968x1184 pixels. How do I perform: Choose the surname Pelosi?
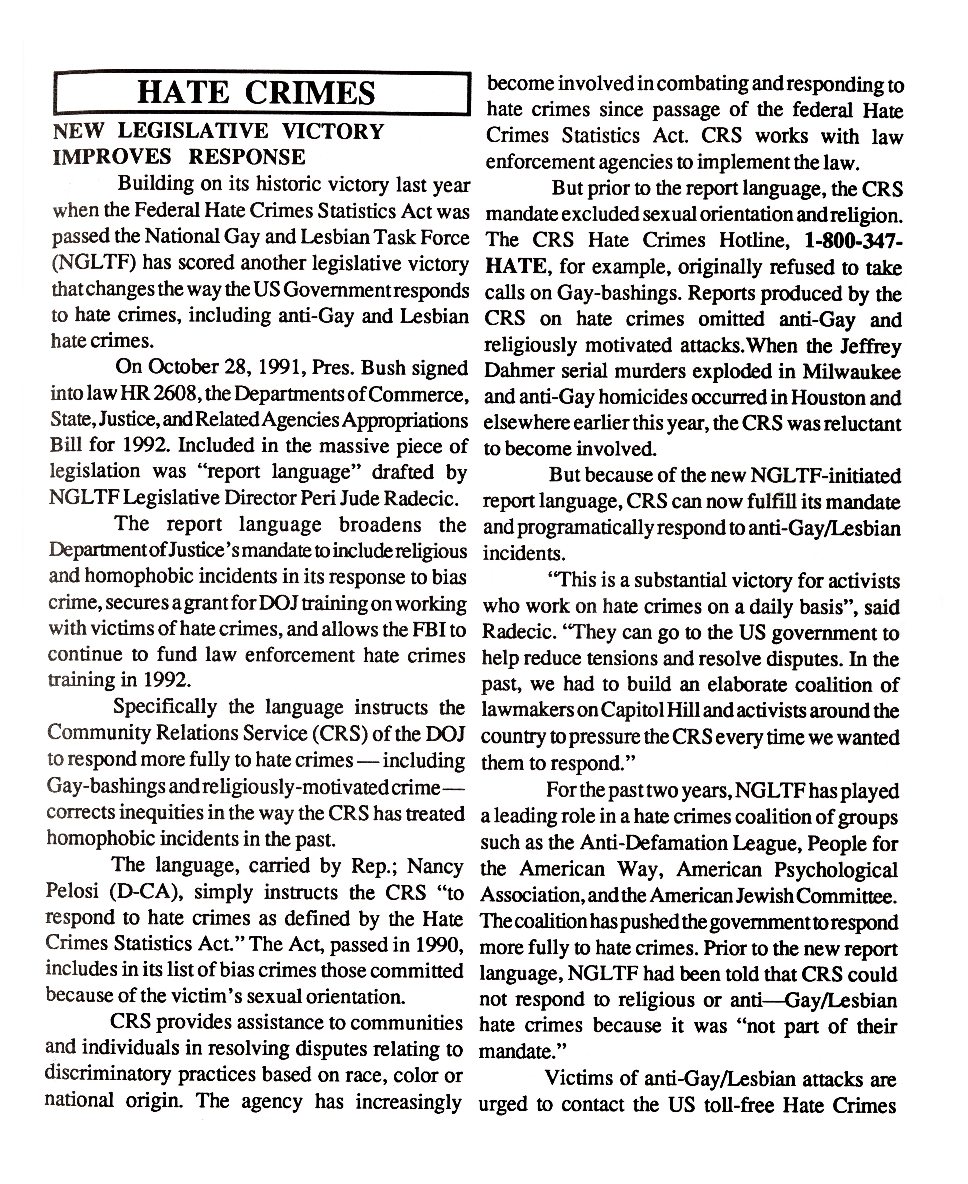[72, 892]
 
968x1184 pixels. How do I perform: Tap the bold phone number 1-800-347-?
[853, 240]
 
